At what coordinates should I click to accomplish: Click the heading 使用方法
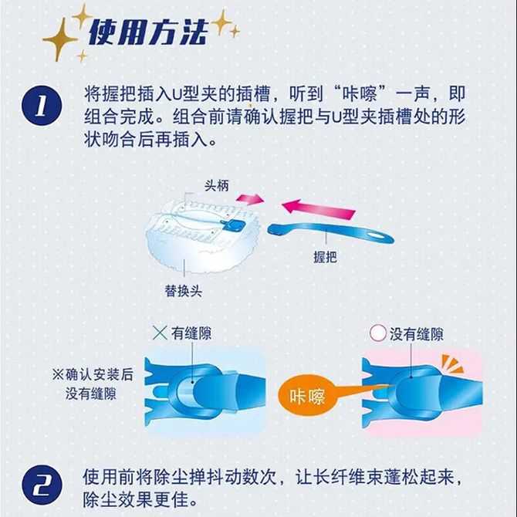click(x=148, y=32)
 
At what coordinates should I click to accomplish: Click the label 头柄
click(x=217, y=186)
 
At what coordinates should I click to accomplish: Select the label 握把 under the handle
click(x=325, y=256)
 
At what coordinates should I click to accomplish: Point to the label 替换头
click(x=184, y=291)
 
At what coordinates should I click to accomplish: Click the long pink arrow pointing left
click(x=319, y=209)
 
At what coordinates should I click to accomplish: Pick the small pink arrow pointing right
click(x=250, y=198)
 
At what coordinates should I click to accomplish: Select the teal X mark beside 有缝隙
click(x=160, y=333)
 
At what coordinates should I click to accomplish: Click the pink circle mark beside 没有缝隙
click(x=378, y=333)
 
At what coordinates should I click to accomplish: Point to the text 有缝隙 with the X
click(x=191, y=333)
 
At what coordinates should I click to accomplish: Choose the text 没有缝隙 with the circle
click(x=417, y=334)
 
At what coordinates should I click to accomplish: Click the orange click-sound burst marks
click(x=452, y=363)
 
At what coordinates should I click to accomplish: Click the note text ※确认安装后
click(x=93, y=374)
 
